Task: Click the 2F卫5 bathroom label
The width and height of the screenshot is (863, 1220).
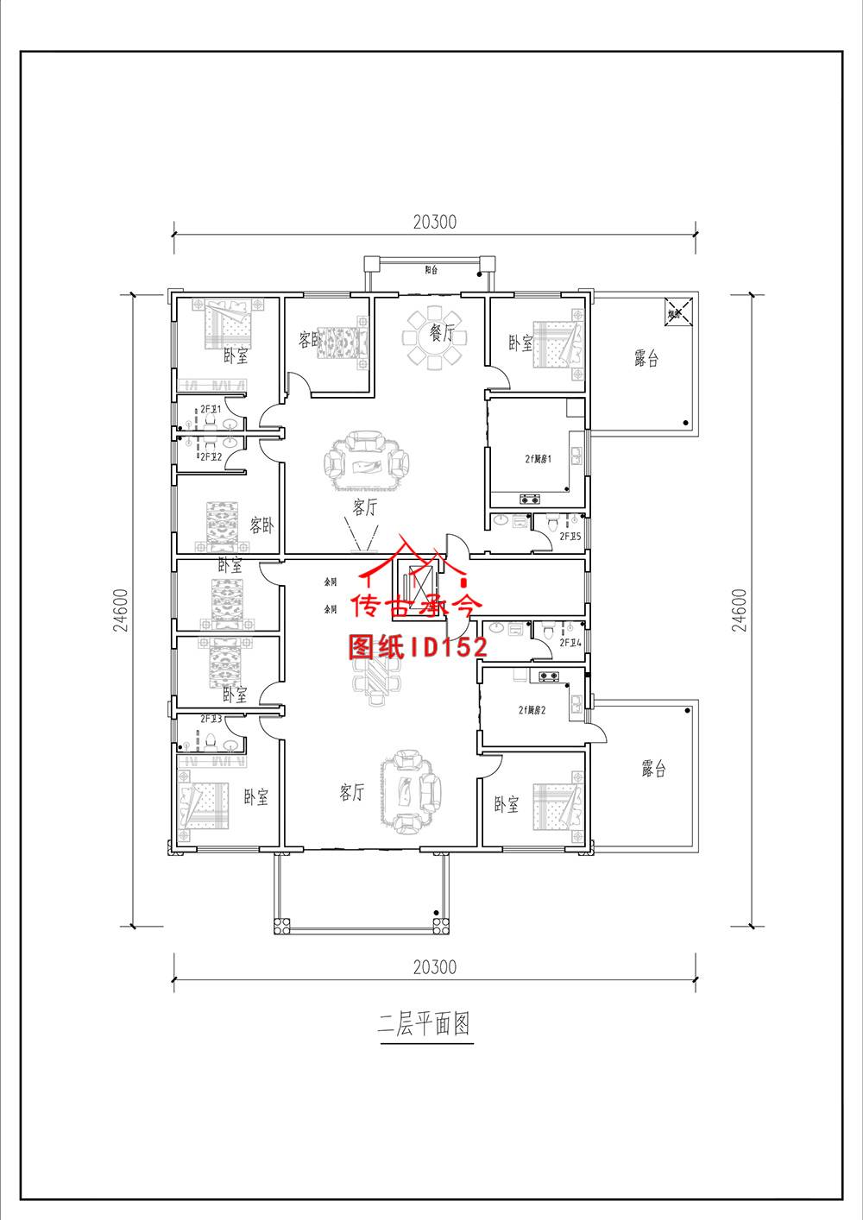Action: (570, 536)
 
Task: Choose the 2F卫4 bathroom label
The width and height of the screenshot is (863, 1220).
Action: (570, 643)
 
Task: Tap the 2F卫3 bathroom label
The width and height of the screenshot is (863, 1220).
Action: (211, 718)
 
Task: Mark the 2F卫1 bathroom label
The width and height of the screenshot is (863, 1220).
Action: (211, 408)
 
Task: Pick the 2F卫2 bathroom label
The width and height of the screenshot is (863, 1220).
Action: (211, 456)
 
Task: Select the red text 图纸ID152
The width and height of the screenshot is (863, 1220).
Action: (418, 646)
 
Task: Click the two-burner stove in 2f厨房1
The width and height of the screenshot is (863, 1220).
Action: (527, 498)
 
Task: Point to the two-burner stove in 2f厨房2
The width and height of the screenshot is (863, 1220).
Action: (550, 676)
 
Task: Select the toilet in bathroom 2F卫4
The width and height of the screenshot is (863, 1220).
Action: (549, 630)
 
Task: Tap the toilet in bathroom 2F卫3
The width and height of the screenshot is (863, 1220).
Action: (209, 740)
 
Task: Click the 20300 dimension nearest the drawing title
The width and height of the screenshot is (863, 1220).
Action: (434, 967)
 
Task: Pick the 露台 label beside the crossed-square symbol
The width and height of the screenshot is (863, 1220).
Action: (646, 359)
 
